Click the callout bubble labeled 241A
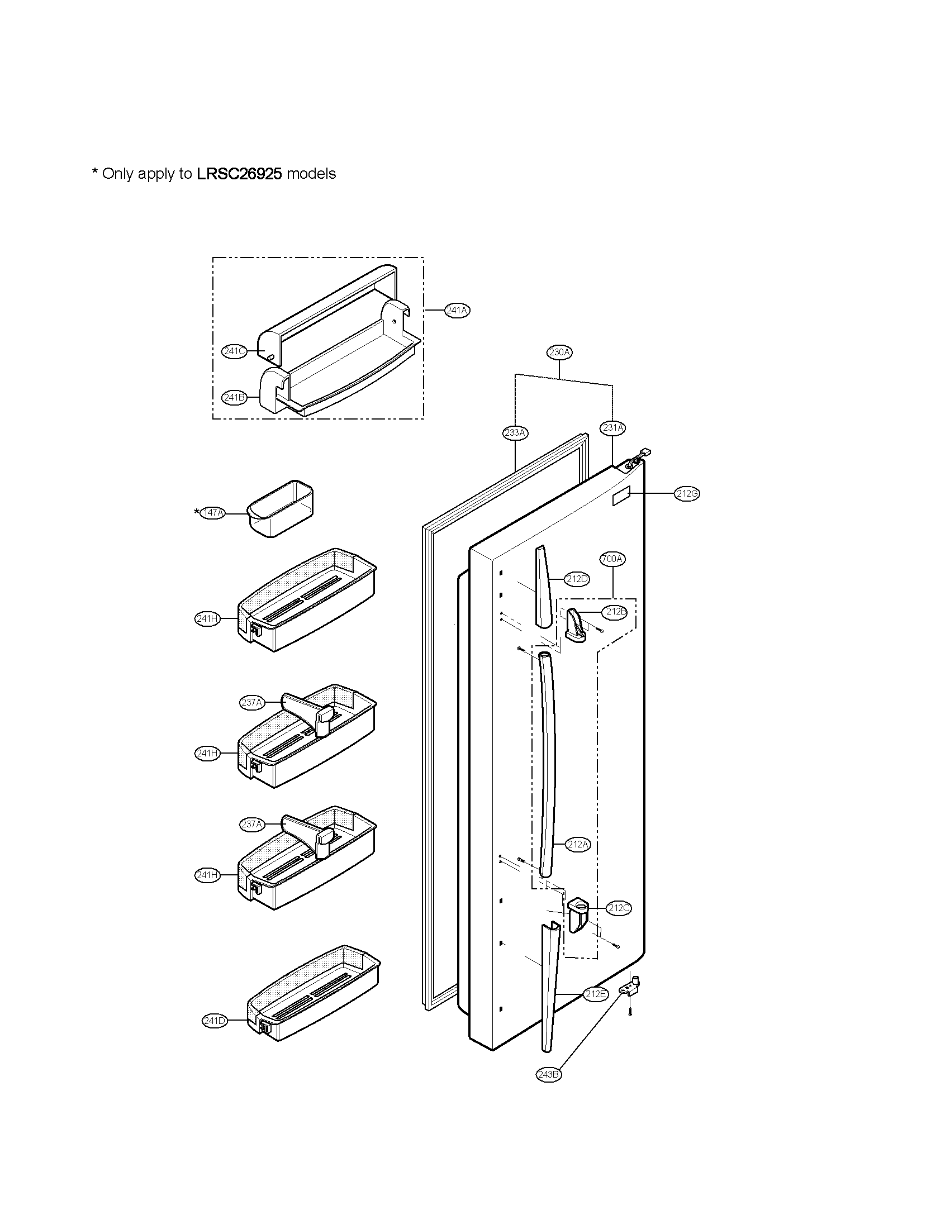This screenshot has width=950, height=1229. tap(457, 310)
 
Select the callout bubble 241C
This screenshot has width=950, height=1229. tap(234, 352)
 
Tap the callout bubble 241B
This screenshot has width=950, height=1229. tap(234, 397)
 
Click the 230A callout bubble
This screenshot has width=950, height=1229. tap(559, 352)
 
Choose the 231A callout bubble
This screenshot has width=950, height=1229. tap(613, 428)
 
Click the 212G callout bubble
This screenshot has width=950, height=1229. tap(687, 493)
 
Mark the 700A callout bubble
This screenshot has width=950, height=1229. tap(612, 559)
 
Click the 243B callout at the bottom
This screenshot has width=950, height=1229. tap(549, 1074)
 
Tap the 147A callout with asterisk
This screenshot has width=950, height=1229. tap(212, 513)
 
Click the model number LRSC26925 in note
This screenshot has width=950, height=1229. tap(239, 174)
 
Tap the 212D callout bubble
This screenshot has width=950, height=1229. tap(577, 579)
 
